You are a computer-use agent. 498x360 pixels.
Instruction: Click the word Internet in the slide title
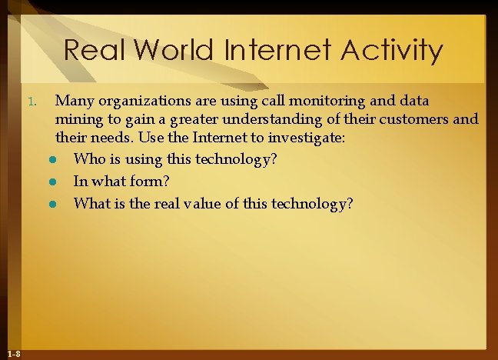(x=274, y=51)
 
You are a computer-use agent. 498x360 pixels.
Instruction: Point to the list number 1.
(x=32, y=102)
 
